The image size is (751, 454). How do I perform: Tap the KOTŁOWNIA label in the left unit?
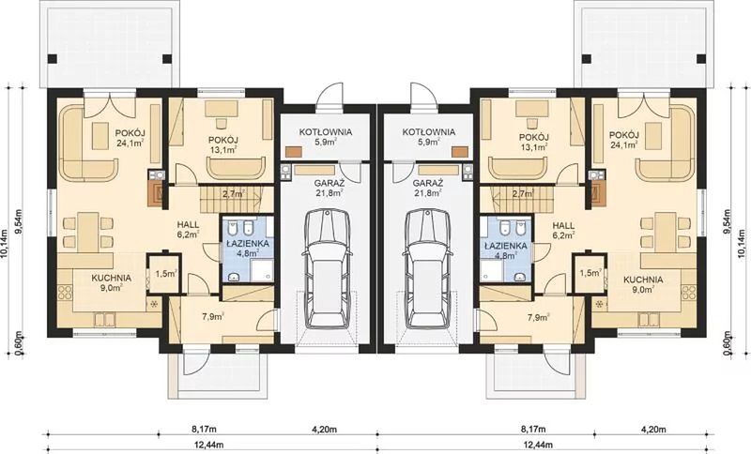[326, 131]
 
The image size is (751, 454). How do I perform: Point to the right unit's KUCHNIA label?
[643, 280]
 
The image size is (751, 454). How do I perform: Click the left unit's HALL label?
[188, 224]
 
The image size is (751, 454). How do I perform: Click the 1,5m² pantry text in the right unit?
[590, 273]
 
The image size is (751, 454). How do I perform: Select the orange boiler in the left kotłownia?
[294, 152]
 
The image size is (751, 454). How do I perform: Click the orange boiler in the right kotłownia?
[460, 152]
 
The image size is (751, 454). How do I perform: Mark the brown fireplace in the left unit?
[157, 194]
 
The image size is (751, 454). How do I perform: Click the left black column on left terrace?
[53, 59]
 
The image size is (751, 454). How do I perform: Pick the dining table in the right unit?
[666, 233]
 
